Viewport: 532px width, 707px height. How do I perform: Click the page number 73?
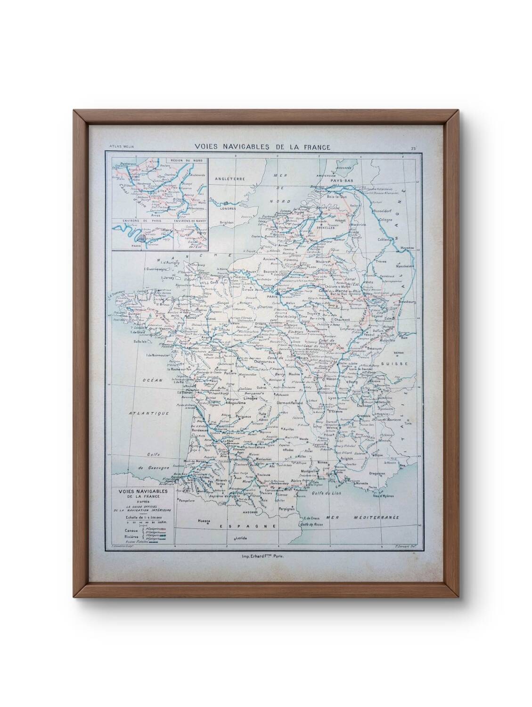click(413, 148)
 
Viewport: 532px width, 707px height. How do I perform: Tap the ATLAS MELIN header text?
click(121, 147)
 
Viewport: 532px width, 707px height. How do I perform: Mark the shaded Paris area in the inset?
click(143, 239)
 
